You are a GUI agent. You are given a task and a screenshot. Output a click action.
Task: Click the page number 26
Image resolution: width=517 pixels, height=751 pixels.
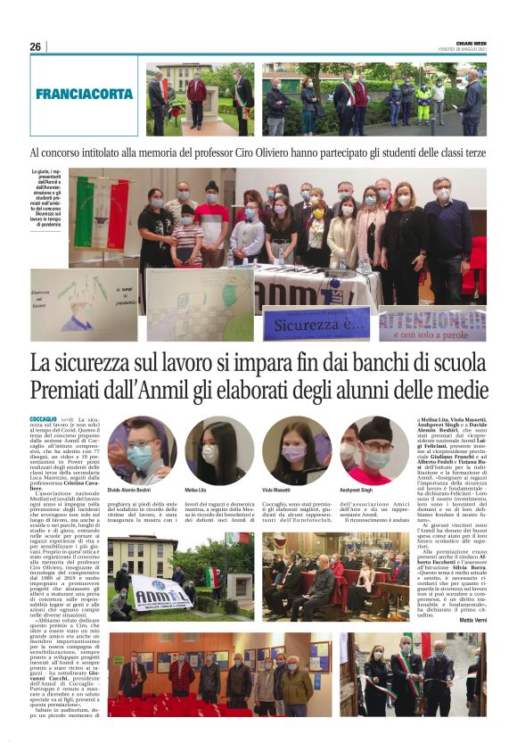[x=36, y=47]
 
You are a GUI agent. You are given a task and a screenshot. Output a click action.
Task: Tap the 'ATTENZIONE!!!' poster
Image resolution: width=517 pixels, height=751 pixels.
[x=431, y=324]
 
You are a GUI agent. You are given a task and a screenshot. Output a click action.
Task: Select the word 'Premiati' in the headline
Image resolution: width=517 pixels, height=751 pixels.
[x=71, y=390]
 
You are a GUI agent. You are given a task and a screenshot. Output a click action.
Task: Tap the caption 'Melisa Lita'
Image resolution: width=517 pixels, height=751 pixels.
[x=197, y=491]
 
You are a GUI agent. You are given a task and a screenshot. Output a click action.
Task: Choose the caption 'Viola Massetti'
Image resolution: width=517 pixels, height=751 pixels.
[x=278, y=491]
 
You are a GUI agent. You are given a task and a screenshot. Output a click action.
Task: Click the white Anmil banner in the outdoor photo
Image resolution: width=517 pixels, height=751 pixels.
[x=160, y=592]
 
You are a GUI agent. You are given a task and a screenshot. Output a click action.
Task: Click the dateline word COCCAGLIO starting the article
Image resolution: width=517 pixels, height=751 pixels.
[x=43, y=418]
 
